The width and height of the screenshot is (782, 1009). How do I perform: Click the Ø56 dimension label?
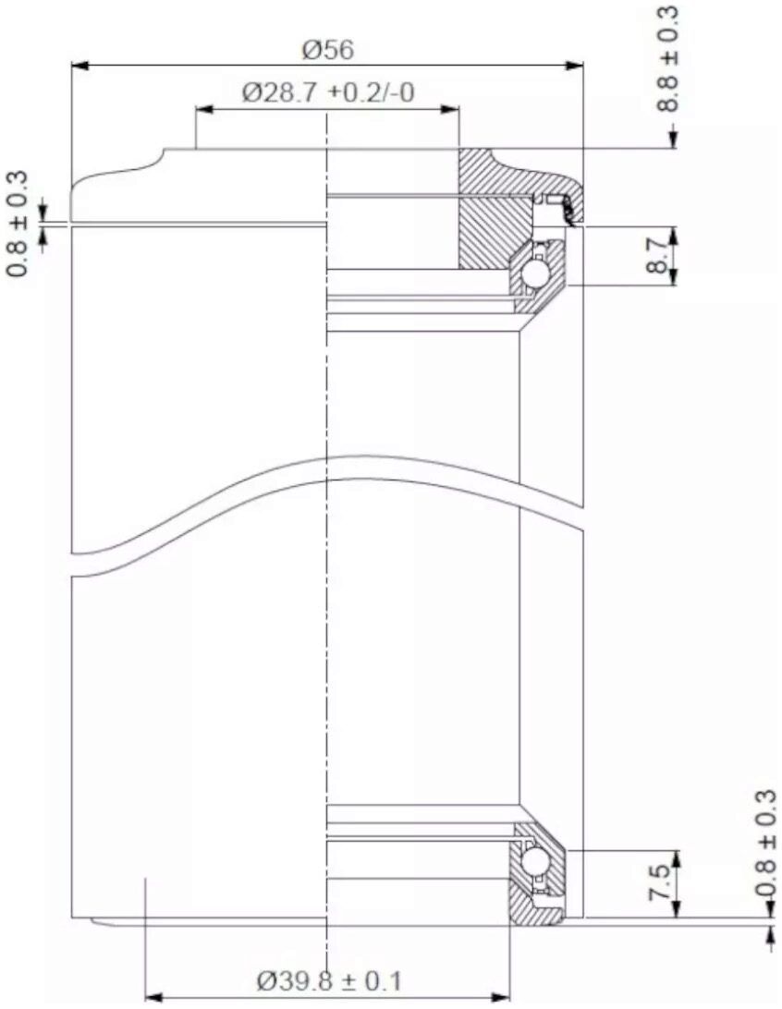click(x=328, y=50)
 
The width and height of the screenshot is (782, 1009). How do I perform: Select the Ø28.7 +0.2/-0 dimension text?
click(x=328, y=93)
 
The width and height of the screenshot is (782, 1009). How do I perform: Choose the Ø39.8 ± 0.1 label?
click(x=328, y=982)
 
